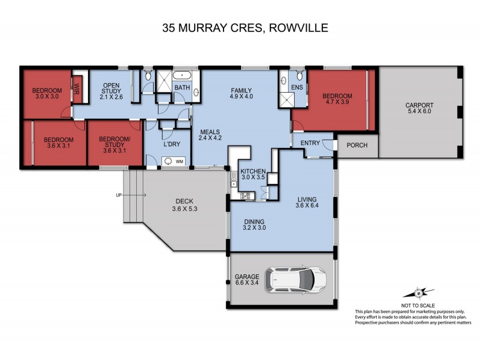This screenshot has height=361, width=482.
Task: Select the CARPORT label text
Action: point(419,105)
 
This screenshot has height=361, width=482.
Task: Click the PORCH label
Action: point(358,145)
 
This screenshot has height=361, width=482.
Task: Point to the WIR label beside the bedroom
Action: point(77,88)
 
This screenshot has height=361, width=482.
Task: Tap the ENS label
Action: point(296,88)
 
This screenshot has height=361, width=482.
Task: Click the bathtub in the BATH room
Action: point(182,76)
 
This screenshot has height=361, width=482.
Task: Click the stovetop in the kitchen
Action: point(246,195)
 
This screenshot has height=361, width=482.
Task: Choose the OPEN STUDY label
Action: point(112,88)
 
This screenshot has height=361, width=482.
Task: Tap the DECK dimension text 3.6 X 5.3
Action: point(183,209)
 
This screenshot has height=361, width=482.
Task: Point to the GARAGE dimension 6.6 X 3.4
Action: point(247,284)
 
